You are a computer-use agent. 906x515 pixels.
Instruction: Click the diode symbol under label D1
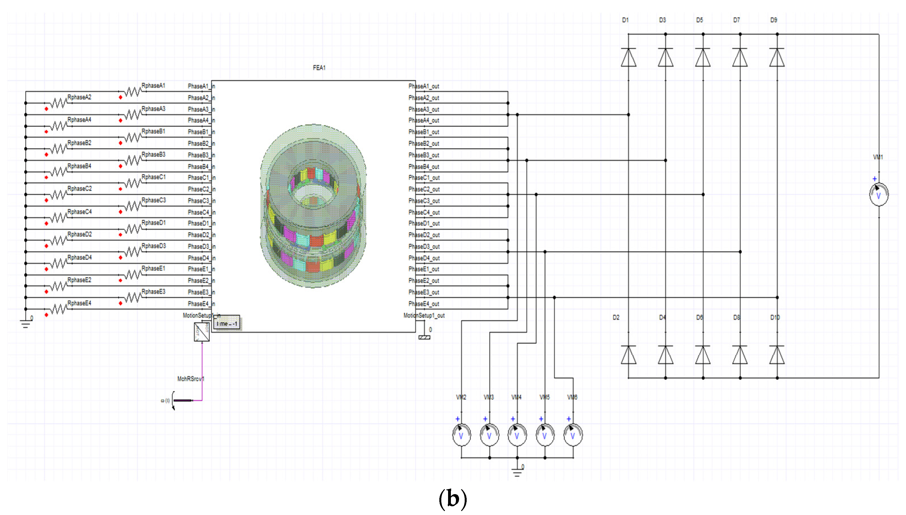pos(628,57)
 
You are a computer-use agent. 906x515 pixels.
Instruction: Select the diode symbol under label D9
pos(777,57)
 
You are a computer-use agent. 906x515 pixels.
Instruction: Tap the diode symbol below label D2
pos(628,355)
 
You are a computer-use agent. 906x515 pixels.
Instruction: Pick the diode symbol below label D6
pos(703,355)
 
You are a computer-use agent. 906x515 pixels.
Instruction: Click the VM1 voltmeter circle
pos(879,194)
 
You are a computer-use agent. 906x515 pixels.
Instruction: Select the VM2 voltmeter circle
pos(461,435)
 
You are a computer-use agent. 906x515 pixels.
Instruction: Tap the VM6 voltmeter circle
pos(573,435)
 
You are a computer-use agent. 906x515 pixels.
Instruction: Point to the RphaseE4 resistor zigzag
pos(59,310)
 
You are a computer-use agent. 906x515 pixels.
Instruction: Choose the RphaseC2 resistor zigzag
pos(59,195)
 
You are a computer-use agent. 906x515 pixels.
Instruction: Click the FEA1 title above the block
pos(319,68)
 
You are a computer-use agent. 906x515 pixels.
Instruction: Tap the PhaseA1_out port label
pos(424,86)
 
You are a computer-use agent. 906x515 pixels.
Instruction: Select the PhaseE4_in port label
pos(201,304)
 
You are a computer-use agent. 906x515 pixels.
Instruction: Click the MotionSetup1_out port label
pos(424,316)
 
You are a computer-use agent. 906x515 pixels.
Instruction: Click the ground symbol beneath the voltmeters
pos(517,472)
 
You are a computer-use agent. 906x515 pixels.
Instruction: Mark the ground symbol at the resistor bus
pos(25,323)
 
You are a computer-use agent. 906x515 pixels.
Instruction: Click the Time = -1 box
pos(227,324)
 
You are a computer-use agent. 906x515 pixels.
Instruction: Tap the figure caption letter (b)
pos(453,499)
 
